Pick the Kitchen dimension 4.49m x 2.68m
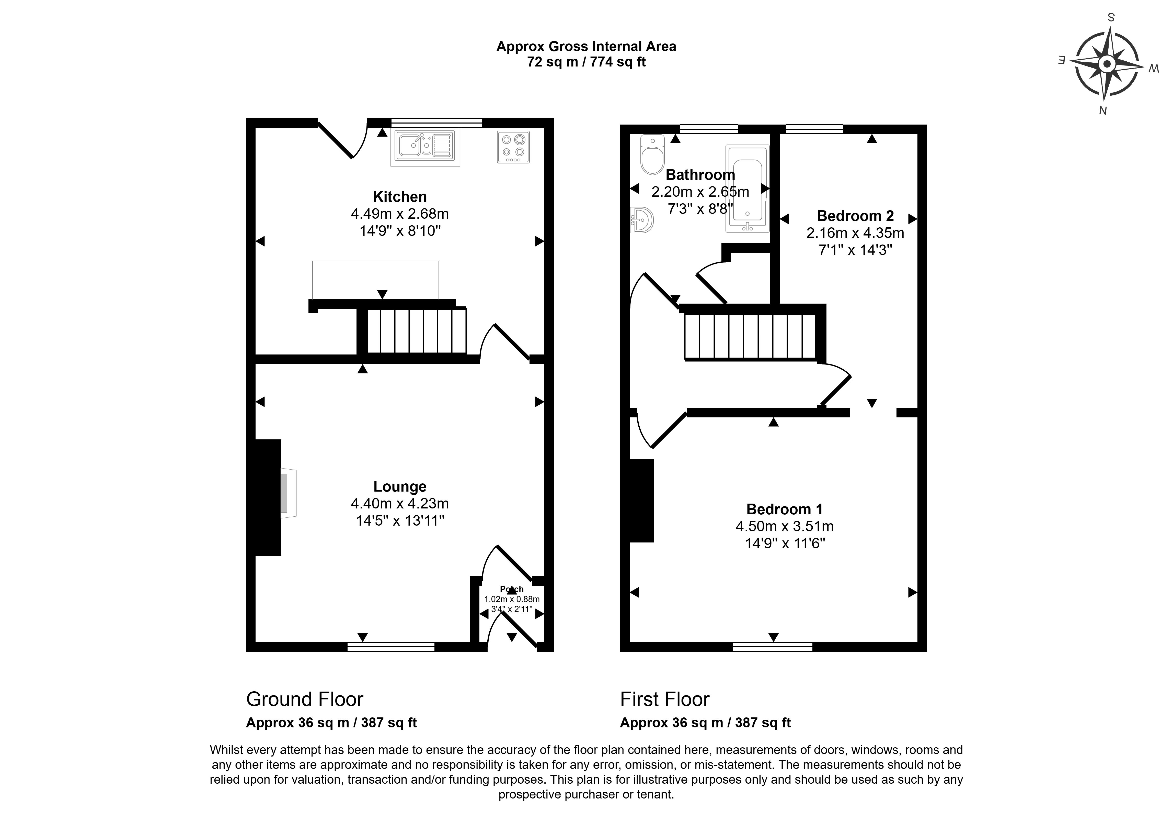399,214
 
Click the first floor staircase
750,336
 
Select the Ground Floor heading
304,699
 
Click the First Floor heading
665,699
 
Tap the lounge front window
391,647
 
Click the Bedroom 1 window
773,647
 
